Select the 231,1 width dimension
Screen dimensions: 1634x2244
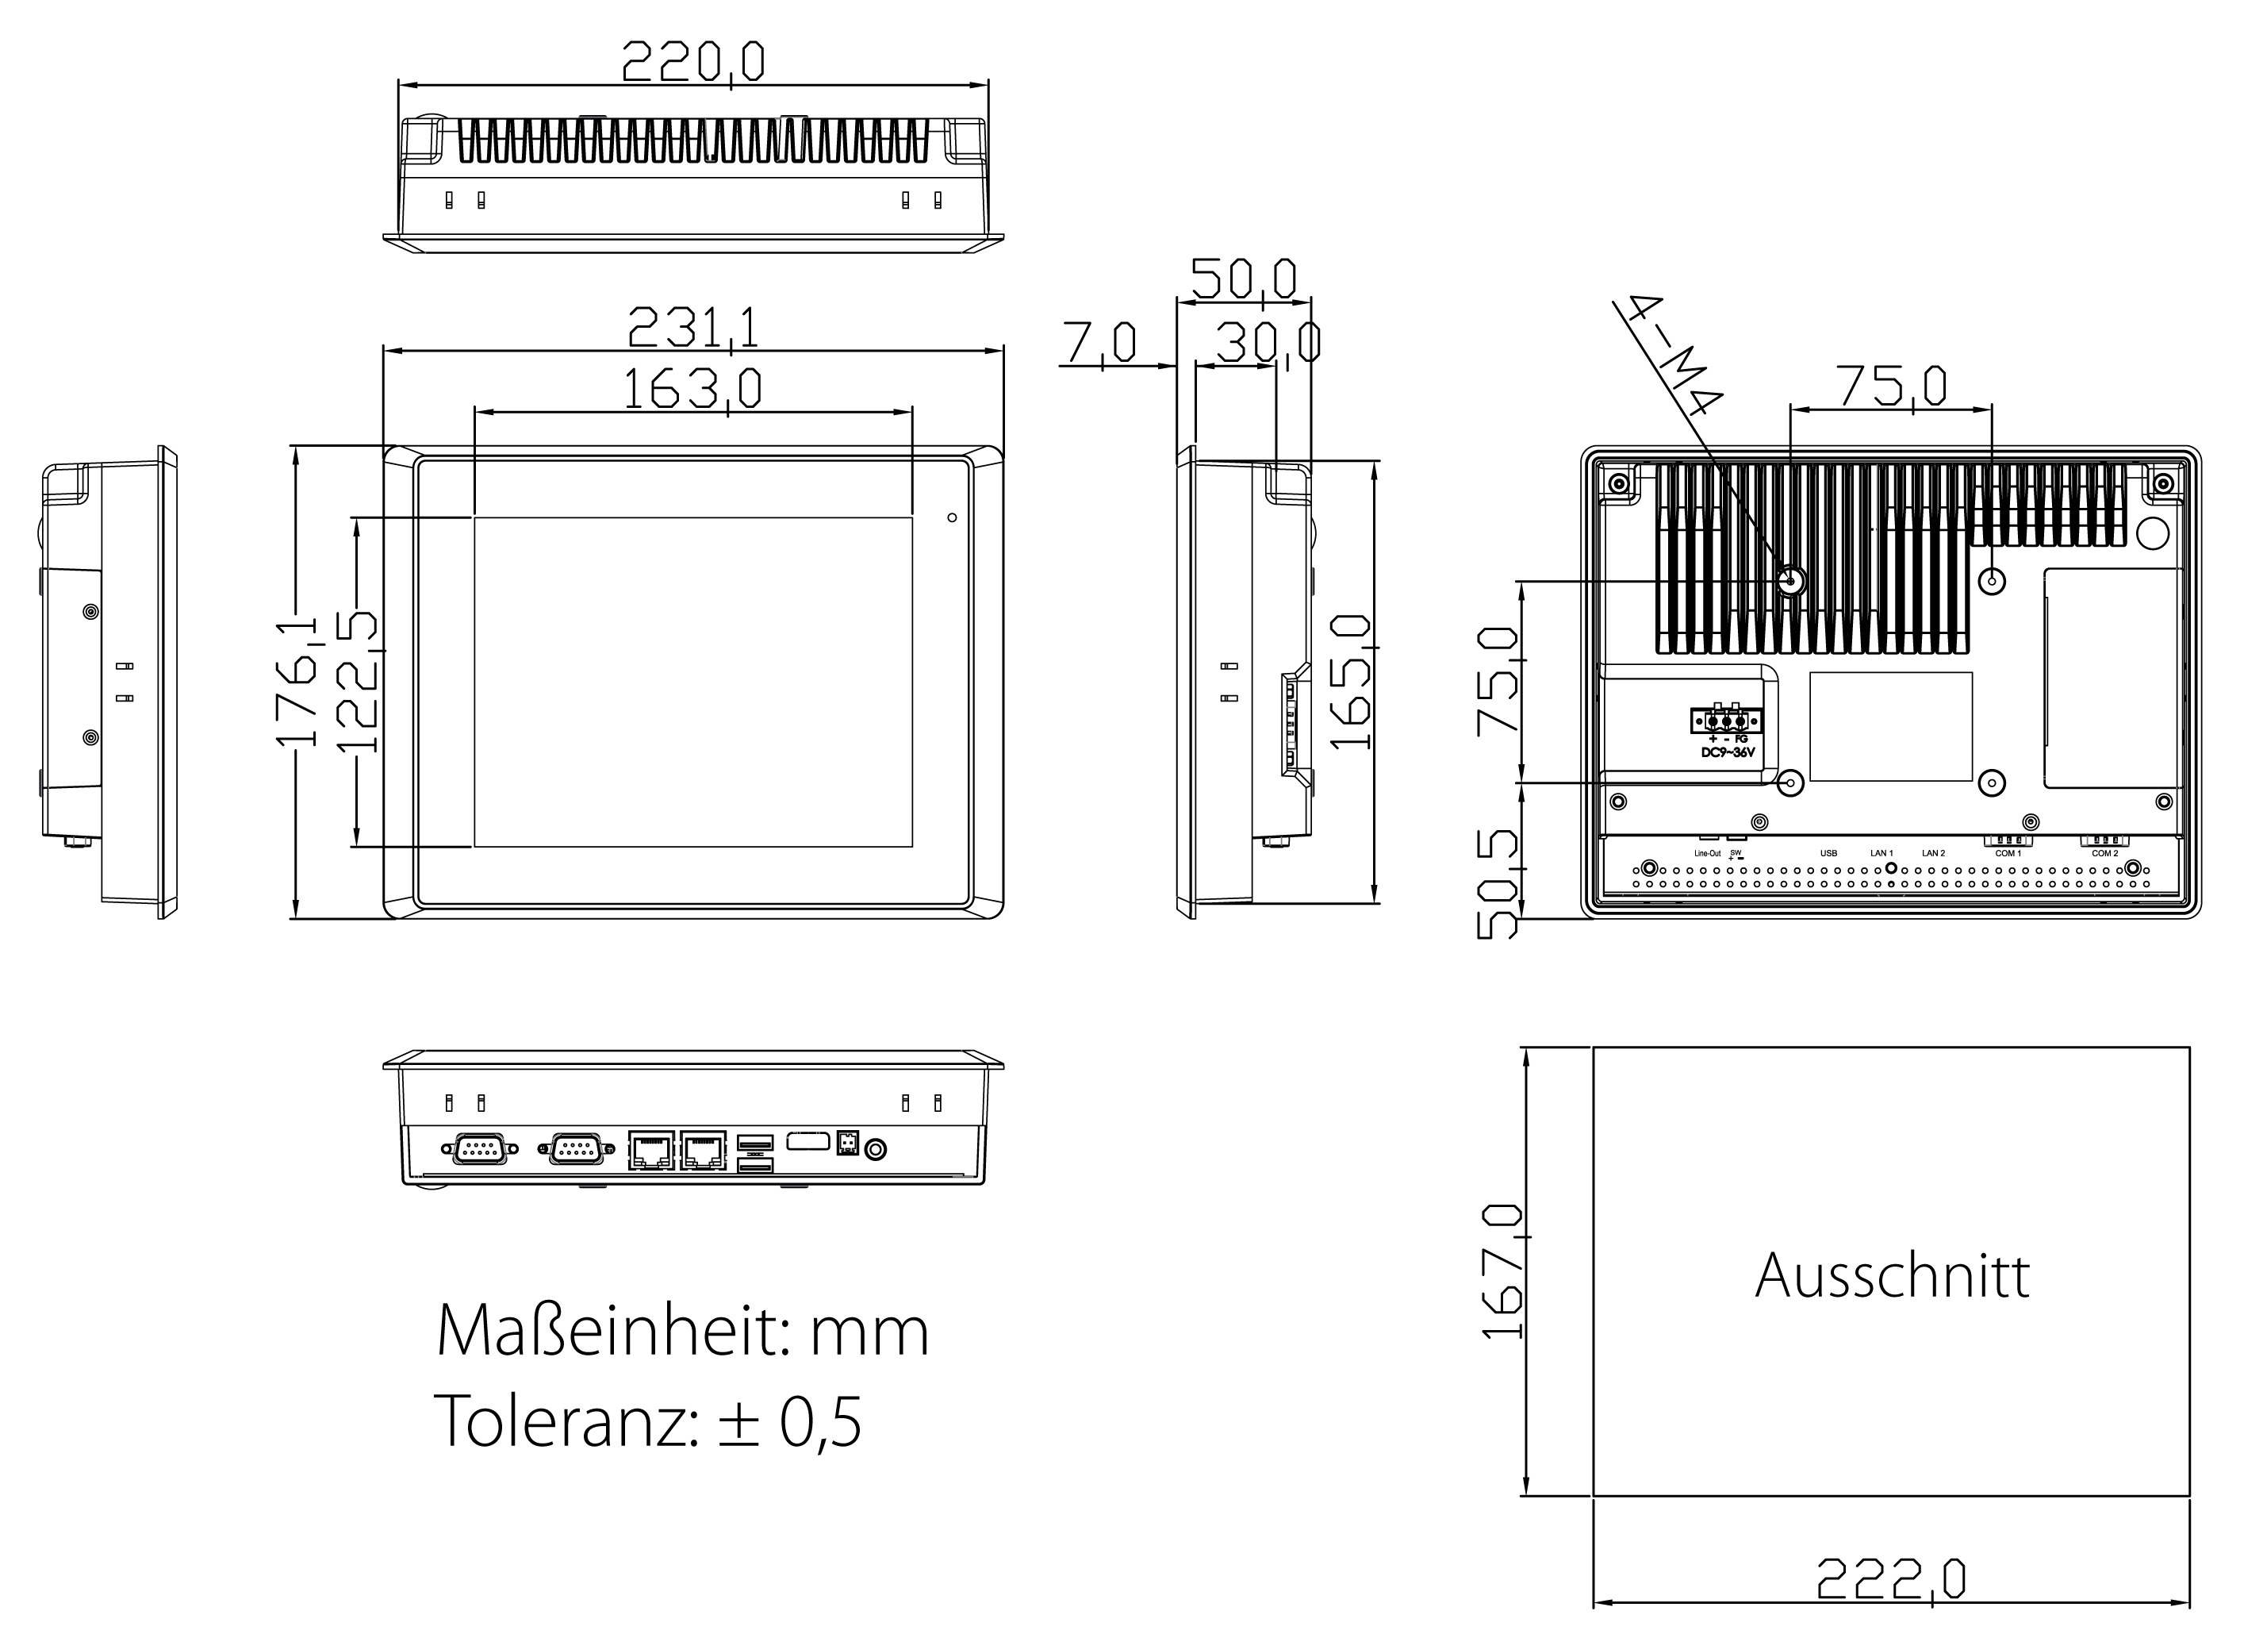692,328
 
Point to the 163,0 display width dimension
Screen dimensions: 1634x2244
692,388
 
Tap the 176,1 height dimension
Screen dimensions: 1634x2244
297,681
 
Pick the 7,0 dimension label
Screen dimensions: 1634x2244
1100,344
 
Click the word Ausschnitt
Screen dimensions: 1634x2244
1891,1276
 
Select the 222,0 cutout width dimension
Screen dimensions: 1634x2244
1891,1579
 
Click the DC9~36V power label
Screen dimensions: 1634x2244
1727,752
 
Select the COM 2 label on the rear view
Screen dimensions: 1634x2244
2104,853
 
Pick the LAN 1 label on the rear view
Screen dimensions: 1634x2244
1881,853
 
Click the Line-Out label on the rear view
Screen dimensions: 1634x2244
1708,853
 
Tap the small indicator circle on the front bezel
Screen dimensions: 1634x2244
952,517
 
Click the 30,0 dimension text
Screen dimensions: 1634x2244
1267,344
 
